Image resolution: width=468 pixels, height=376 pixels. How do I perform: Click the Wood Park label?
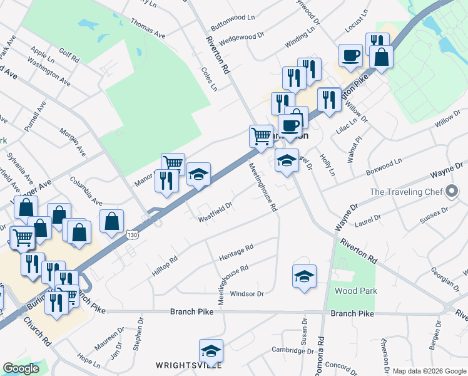click(356, 291)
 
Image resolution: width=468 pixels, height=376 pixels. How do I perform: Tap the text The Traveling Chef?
click(406, 192)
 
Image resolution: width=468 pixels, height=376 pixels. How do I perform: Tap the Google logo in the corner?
click(21, 368)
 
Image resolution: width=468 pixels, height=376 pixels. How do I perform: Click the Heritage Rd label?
click(236, 253)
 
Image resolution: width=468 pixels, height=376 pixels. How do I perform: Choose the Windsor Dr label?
click(247, 293)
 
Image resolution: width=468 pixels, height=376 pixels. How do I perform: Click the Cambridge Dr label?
click(291, 350)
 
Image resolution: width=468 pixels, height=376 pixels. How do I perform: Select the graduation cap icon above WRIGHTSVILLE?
click(211, 351)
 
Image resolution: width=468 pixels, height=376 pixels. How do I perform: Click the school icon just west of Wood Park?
click(304, 276)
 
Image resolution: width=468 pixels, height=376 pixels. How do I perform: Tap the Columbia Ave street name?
click(86, 191)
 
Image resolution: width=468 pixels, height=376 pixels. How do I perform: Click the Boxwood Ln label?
click(384, 165)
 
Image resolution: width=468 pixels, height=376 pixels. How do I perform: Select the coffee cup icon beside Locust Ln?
click(350, 55)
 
